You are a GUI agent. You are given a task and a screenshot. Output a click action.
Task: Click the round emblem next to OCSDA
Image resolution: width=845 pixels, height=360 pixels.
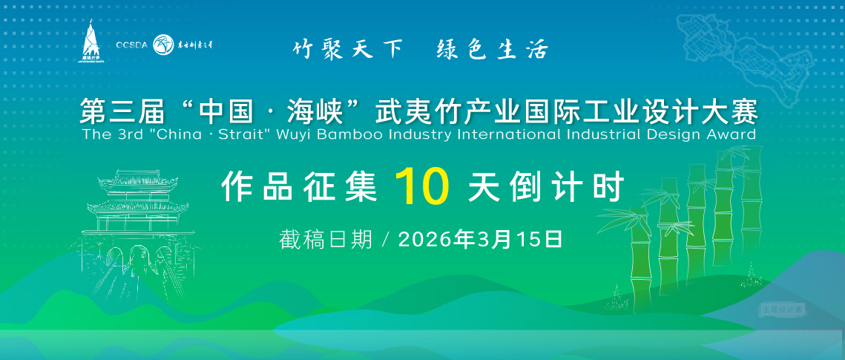tap(162, 45)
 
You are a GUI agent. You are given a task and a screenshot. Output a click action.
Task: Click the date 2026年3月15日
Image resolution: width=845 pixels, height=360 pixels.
tap(480, 239)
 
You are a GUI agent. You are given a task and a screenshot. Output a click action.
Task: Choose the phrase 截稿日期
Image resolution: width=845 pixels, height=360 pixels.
tap(326, 239)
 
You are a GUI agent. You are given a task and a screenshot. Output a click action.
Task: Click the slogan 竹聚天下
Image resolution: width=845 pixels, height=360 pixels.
tap(347, 49)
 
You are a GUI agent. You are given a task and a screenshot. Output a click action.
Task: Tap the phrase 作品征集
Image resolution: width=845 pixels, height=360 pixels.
tap(299, 187)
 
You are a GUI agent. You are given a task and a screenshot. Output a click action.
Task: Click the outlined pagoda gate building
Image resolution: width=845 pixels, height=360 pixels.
tap(134, 223)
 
